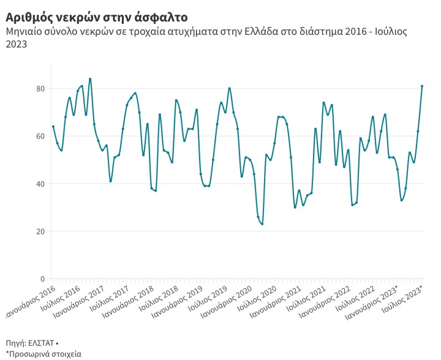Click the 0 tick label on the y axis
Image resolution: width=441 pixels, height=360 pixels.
[x=42, y=279]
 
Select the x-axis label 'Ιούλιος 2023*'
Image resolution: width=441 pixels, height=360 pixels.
[x=404, y=298]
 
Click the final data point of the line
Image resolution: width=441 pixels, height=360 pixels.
[x=422, y=86]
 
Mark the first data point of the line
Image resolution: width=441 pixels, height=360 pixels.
[x=53, y=127]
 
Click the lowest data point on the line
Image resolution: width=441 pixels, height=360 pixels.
[x=262, y=224]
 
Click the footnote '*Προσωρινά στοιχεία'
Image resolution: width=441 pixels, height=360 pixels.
[x=43, y=354]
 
